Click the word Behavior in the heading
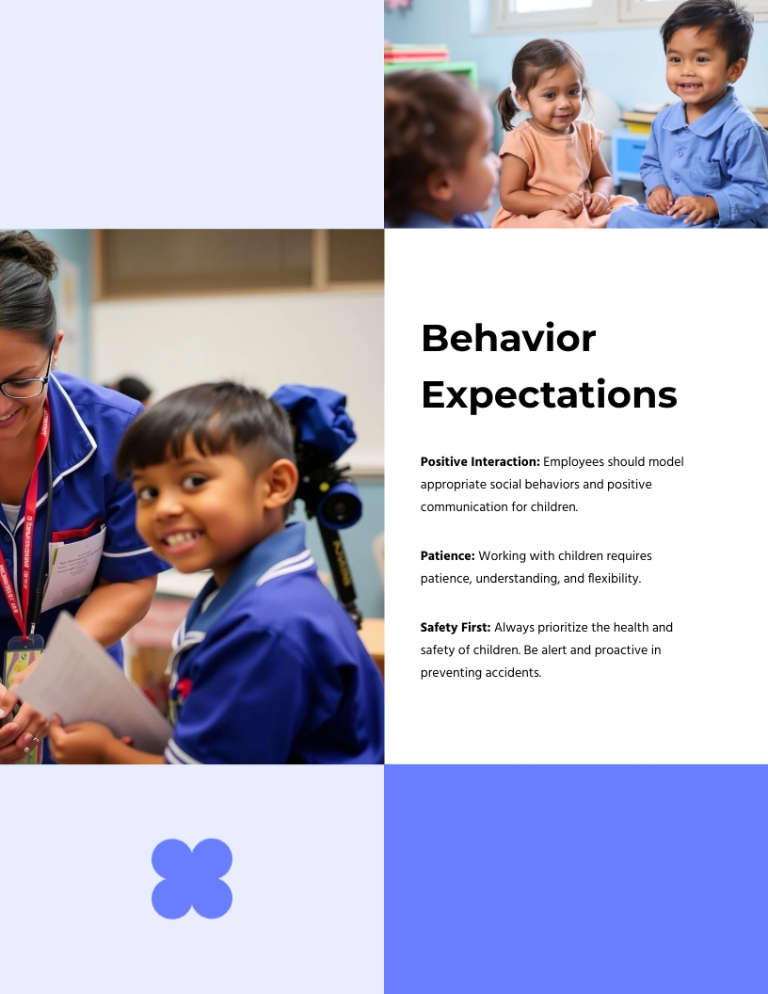point(508,338)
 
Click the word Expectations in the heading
point(549,394)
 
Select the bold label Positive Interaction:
point(480,461)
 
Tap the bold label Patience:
point(447,555)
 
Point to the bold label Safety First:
point(456,627)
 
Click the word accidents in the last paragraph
point(515,673)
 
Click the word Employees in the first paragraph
point(573,461)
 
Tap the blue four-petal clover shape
point(192,878)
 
